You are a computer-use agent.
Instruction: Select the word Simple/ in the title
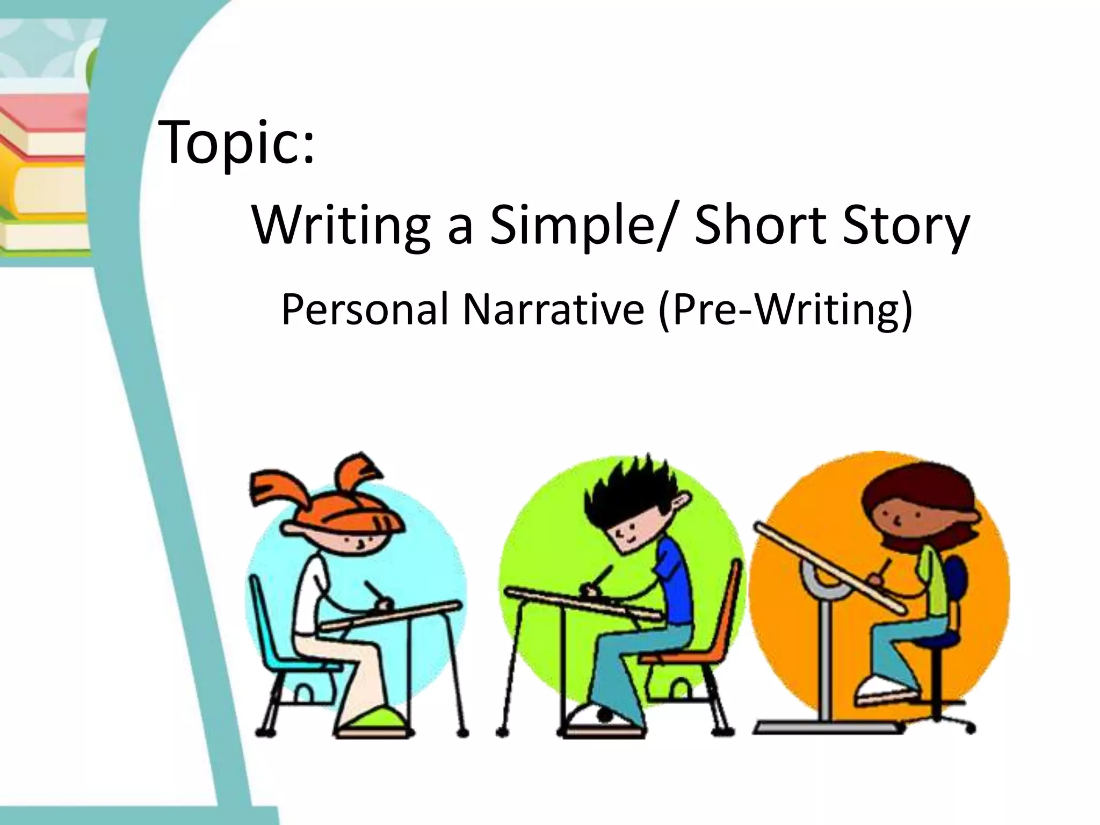point(577,226)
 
